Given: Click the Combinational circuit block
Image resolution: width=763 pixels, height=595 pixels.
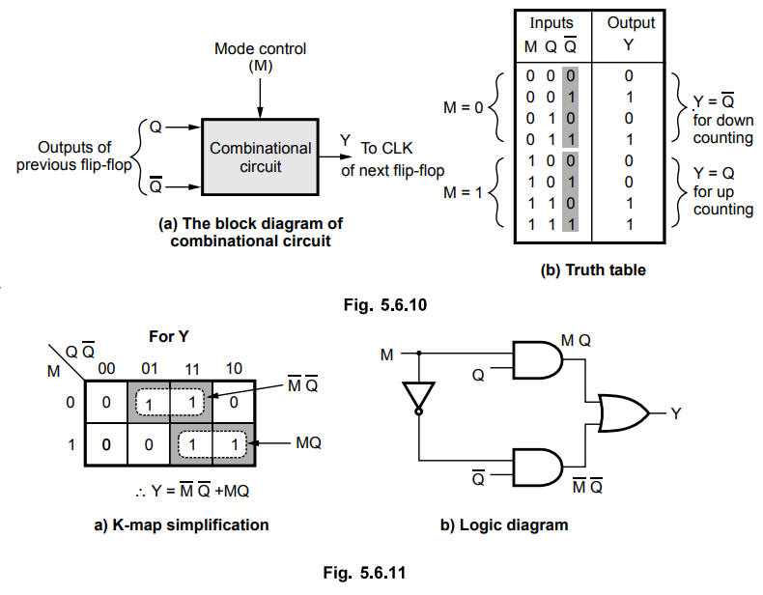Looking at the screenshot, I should click(x=260, y=157).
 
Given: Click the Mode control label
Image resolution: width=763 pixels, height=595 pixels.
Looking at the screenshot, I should click(x=260, y=47).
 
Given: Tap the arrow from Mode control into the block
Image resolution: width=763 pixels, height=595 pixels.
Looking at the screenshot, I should click(x=260, y=96).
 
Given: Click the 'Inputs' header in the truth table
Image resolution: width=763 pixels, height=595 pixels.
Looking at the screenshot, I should click(x=550, y=22).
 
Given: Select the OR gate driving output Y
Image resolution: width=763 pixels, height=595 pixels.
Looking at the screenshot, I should click(x=622, y=413).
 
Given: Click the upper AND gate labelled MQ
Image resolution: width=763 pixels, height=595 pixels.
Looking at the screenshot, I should click(x=534, y=362).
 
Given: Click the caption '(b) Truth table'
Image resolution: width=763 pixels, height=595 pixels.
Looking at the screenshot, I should click(x=592, y=270).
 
